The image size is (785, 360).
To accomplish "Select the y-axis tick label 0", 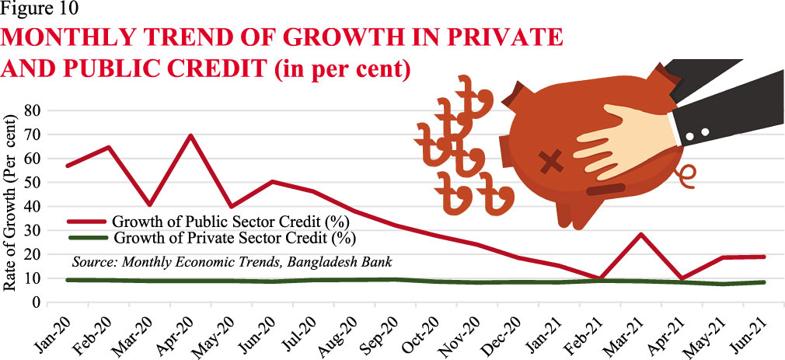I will tap(35, 302).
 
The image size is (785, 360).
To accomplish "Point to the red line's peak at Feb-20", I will tap(109, 147).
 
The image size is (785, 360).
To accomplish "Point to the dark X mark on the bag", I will tap(551, 162).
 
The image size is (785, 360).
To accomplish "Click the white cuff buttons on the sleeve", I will tap(697, 135).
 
